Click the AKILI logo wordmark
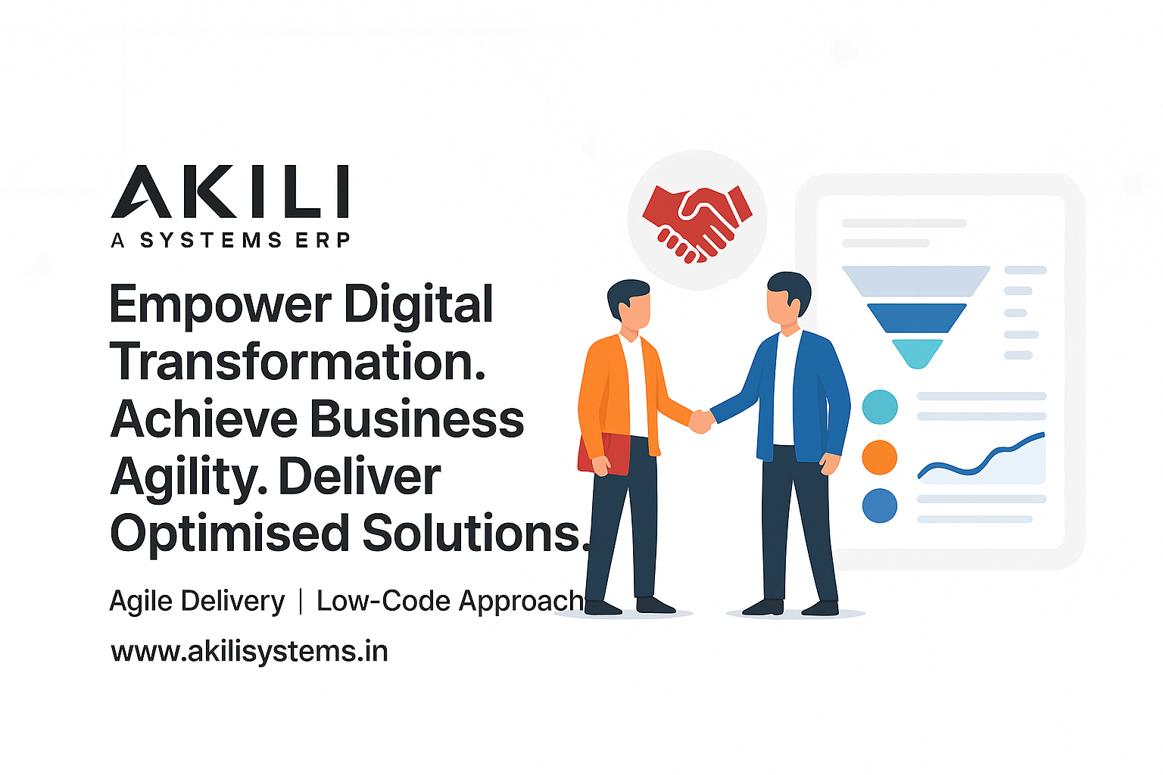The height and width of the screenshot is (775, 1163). (x=230, y=192)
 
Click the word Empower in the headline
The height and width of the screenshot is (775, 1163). (x=220, y=305)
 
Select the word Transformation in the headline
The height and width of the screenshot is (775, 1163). (x=298, y=362)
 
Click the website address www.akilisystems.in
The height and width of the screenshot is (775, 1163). (x=249, y=652)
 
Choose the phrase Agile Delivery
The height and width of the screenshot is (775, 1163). (x=197, y=601)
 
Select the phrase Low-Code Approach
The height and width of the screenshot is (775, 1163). (x=450, y=601)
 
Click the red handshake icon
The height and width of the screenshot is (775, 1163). (x=697, y=222)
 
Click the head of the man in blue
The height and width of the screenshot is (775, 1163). (x=787, y=297)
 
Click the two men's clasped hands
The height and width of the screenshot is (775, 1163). (x=701, y=421)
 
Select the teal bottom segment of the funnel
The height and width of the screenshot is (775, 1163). (x=917, y=352)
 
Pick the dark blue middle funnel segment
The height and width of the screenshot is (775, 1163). (x=916, y=317)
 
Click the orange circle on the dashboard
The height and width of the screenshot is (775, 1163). (x=880, y=457)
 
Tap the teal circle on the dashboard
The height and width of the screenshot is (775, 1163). (x=880, y=407)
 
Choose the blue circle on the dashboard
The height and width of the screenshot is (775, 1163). (x=880, y=506)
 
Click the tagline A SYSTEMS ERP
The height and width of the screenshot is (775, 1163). (x=230, y=241)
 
